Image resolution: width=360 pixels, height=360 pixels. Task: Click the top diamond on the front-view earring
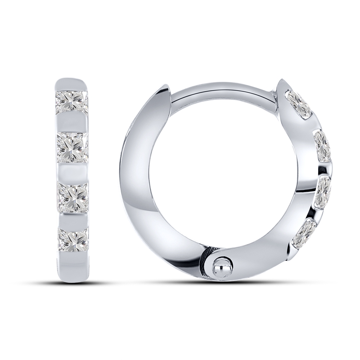click(x=72, y=101)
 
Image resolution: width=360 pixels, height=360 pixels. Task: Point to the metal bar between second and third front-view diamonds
click(x=72, y=172)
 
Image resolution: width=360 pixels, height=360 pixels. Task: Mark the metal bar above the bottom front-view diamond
click(x=72, y=219)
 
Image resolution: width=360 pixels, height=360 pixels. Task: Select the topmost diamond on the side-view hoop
click(x=299, y=103)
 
